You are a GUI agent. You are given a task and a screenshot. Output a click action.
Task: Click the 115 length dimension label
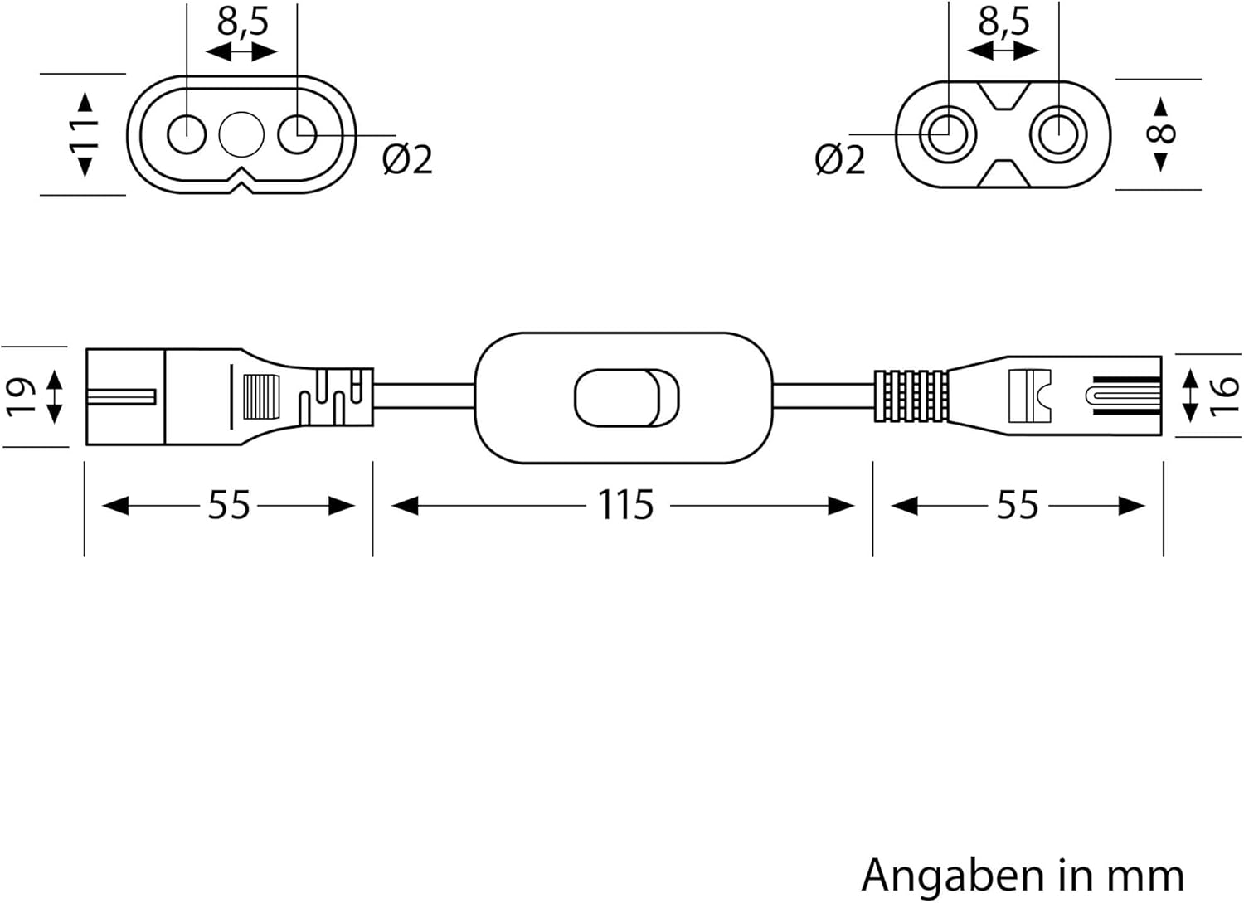coord(626,505)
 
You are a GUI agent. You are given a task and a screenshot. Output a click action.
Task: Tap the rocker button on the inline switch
coord(626,398)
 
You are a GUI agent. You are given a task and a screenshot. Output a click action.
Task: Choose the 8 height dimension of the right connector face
coord(1164,134)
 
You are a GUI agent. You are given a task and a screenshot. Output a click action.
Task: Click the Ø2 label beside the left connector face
coord(407,159)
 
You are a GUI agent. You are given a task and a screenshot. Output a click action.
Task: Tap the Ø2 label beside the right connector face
coord(839,159)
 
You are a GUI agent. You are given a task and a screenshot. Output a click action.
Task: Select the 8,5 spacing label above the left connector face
coord(243,22)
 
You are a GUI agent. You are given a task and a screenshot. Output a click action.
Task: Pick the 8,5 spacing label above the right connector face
coord(1003,22)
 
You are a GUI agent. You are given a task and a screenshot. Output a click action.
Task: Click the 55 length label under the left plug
coord(228,505)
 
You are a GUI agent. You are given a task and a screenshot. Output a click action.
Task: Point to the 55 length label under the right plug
coord(1017,505)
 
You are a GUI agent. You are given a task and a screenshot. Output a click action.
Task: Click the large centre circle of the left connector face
coord(241,134)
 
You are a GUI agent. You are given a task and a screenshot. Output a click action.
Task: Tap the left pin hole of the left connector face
coord(187,134)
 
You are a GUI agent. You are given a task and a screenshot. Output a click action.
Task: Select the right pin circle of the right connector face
coord(1058,134)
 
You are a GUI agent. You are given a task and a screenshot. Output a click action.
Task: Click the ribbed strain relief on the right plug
coord(911,396)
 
